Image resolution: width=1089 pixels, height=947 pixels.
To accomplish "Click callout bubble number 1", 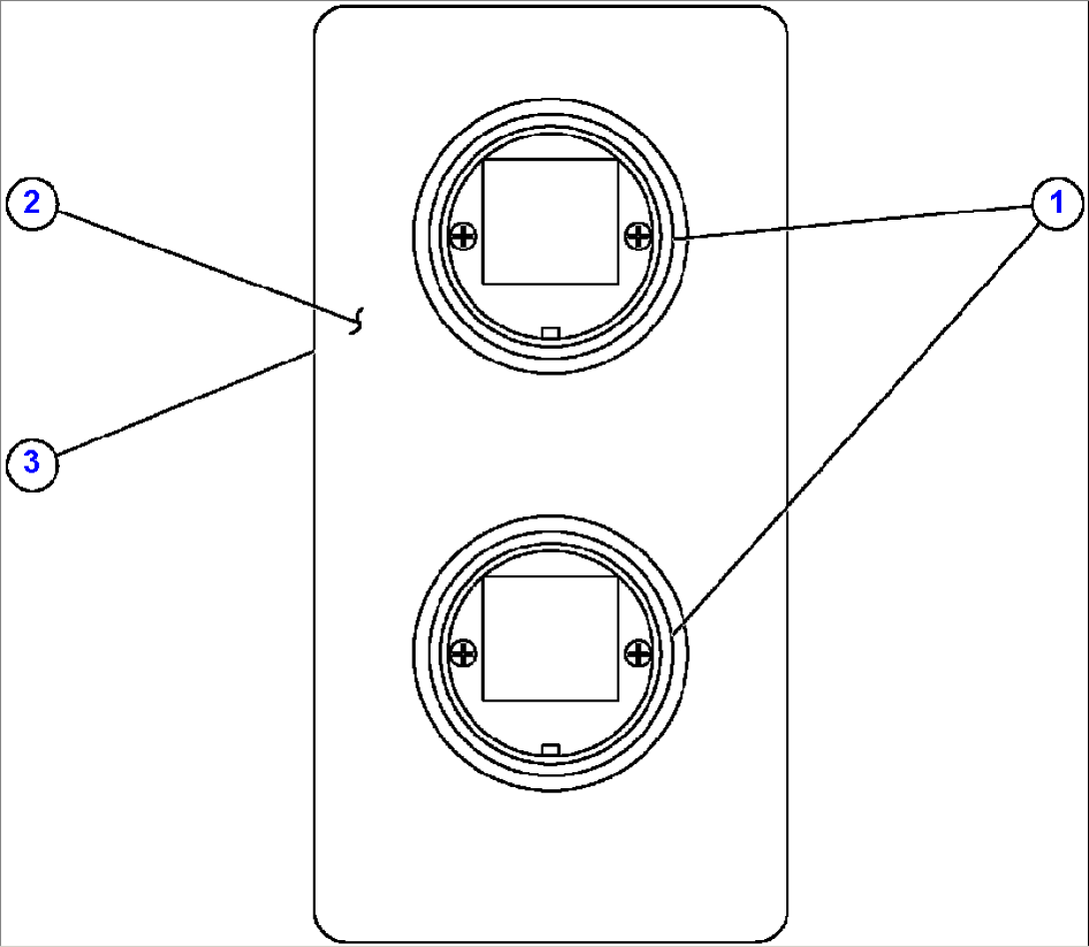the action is coord(1057,203).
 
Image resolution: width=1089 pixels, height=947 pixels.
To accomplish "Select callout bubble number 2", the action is coord(32,204).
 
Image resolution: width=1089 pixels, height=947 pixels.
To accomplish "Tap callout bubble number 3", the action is coord(32,464).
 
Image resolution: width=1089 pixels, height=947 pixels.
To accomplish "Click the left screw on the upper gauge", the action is coord(464,237).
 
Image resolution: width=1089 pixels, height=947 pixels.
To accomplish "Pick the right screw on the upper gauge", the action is coord(638,237).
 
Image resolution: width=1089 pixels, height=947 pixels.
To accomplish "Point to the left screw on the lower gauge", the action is coord(464,653).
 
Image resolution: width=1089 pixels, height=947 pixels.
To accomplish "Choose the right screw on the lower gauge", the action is coord(638,653).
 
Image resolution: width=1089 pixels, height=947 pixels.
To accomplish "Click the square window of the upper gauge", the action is coord(550,222).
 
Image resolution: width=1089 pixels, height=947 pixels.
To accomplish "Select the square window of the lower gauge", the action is coord(550,638).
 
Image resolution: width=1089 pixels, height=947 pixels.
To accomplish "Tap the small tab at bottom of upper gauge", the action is coord(550,334).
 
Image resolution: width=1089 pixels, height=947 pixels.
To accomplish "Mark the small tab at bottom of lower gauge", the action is coord(550,750).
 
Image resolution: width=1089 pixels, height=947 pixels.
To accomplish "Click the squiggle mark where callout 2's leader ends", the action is coord(357,322).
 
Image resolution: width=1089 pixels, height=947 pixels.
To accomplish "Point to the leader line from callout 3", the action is coord(186,404).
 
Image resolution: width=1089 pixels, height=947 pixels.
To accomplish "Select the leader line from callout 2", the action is coord(206,266).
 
